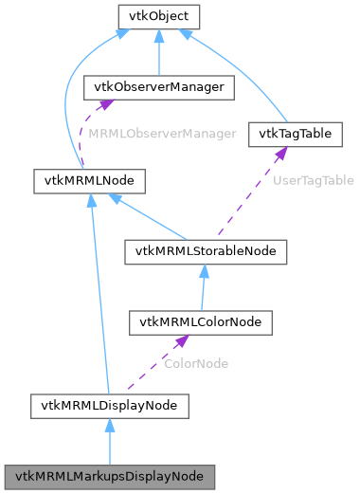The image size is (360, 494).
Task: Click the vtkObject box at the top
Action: click(x=158, y=16)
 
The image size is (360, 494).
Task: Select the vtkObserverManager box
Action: click(x=158, y=87)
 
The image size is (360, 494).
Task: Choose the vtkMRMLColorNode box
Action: click(x=201, y=322)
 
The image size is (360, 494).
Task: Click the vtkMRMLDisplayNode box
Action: click(x=109, y=407)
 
